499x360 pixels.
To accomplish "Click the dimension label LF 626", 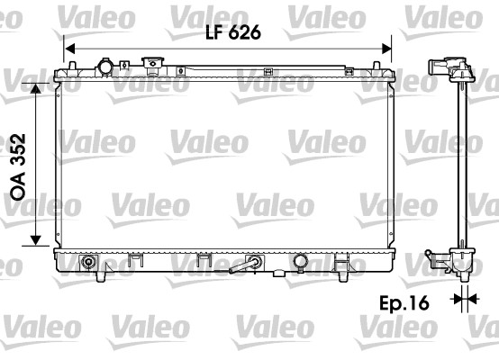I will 231,33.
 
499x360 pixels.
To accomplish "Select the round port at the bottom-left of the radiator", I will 88,262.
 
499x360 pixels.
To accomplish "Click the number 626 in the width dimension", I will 245,33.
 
